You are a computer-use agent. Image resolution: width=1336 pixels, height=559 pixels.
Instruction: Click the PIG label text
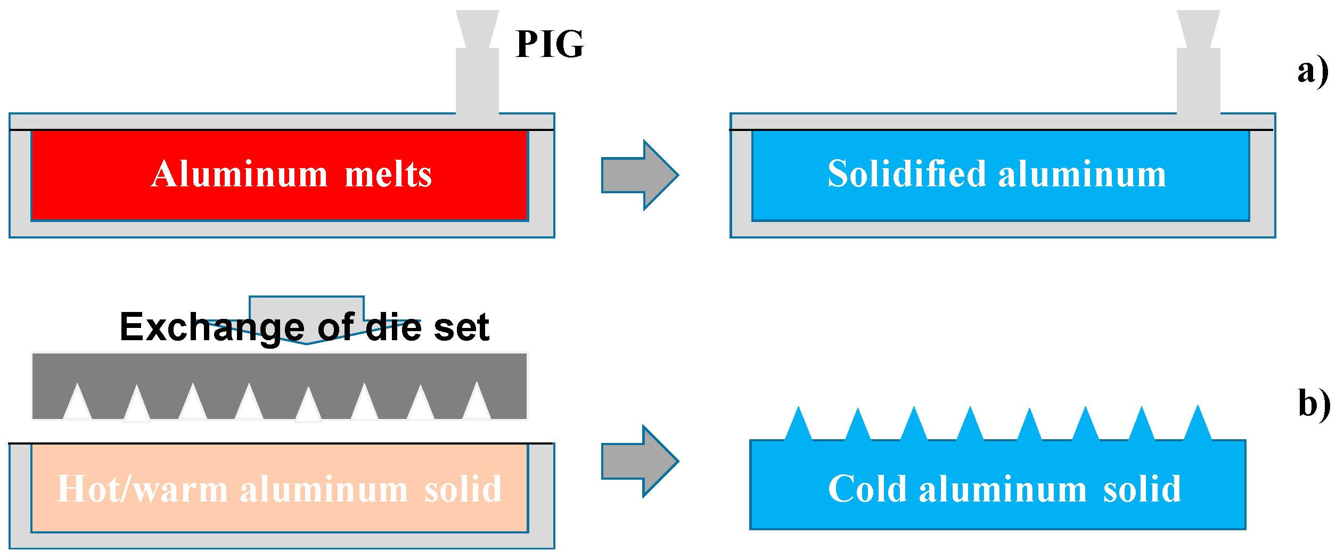(550, 44)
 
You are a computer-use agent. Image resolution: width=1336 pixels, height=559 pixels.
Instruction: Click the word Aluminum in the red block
(239, 174)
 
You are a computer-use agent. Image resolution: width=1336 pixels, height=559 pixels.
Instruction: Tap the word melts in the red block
(388, 174)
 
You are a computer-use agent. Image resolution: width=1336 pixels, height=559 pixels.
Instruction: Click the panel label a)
(1313, 71)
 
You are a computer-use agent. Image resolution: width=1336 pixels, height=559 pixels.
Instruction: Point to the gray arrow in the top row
(639, 175)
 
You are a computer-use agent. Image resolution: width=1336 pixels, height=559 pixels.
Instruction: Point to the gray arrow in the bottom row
(639, 461)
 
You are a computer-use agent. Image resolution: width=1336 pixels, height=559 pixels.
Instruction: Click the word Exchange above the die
(212, 327)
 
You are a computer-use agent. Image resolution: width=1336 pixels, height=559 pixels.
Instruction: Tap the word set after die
(461, 327)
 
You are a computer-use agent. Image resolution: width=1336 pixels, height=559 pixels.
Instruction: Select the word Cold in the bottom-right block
(867, 489)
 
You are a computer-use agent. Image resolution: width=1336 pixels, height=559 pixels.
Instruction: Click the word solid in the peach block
(463, 489)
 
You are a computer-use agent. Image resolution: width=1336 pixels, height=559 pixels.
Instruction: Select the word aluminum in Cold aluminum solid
(1002, 489)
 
